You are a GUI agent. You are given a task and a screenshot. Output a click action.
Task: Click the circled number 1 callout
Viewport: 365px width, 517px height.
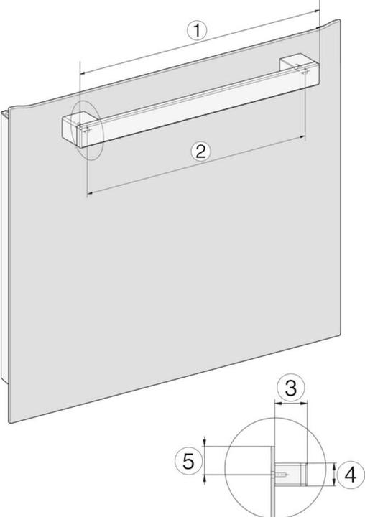tap(197, 31)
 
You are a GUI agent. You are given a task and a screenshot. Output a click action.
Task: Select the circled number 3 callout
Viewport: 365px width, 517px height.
tap(290, 389)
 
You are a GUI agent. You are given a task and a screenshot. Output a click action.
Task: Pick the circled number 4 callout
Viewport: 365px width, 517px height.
tap(350, 475)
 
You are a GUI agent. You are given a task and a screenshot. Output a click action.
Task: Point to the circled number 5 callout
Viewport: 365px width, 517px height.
tap(188, 462)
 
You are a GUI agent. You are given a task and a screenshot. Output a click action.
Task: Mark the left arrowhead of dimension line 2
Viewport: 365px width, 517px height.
tap(88, 195)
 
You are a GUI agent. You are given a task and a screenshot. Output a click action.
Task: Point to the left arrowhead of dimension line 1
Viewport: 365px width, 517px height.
tap(81, 73)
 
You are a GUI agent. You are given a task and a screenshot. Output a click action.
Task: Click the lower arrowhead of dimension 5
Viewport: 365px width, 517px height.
tap(205, 478)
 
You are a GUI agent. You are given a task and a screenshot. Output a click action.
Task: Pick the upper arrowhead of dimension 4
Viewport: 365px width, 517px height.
tap(336, 465)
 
